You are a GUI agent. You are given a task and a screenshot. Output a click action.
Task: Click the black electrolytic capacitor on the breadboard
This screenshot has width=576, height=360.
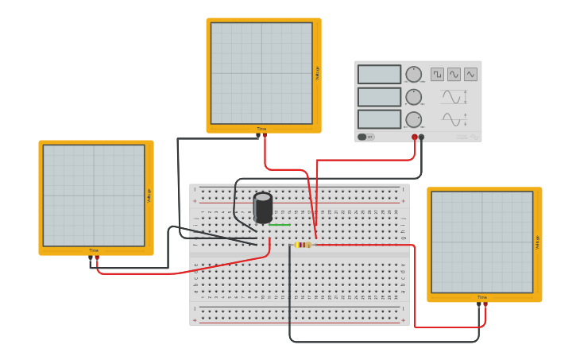(x=263, y=207)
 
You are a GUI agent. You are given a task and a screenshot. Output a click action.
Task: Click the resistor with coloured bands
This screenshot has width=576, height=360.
(x=303, y=245)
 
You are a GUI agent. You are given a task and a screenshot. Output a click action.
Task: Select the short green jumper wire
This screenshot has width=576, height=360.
(x=280, y=225)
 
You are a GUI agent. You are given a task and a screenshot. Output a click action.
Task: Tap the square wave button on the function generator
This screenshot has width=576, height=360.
(x=437, y=74)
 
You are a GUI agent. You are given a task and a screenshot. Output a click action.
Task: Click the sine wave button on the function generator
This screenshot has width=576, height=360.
(x=454, y=74)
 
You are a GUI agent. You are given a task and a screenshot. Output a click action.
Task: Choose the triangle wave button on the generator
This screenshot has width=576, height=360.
(x=470, y=74)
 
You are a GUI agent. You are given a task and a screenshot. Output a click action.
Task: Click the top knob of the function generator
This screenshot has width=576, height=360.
(x=413, y=75)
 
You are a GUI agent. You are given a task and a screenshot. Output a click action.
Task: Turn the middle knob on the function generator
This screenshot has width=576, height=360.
(x=413, y=97)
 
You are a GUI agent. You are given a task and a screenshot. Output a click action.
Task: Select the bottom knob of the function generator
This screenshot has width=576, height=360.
(x=413, y=119)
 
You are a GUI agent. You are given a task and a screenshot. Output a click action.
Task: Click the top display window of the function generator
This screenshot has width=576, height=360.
(x=379, y=75)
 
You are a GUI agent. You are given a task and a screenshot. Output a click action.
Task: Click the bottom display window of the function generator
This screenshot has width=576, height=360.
(x=379, y=119)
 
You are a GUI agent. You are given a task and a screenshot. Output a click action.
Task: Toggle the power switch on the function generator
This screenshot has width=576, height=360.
(x=365, y=137)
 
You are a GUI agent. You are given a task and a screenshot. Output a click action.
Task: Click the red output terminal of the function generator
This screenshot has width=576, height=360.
(x=415, y=137)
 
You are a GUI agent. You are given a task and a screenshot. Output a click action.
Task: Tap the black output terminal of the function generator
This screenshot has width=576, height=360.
(x=422, y=137)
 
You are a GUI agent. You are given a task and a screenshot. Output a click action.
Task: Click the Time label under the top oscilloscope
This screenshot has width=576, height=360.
(x=261, y=129)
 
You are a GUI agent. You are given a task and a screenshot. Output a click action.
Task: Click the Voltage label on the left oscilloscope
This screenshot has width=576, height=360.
(x=149, y=195)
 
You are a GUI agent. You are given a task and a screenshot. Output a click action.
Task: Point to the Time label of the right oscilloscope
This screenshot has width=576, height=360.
(x=482, y=298)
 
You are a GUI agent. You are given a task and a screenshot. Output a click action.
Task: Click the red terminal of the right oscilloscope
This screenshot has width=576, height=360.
(x=485, y=304)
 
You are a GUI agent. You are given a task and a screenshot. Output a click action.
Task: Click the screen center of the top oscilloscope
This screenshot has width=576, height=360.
(x=261, y=73)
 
